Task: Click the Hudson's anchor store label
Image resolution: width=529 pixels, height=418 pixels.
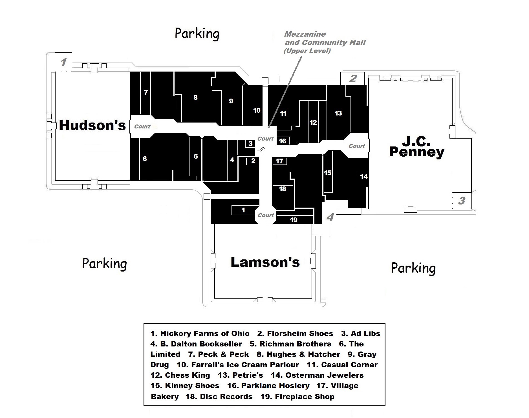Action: click(92, 125)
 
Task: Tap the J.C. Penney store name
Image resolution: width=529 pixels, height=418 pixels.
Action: click(416, 147)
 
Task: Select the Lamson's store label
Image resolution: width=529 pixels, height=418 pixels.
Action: click(265, 262)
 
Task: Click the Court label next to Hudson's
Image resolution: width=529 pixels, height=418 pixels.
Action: click(142, 126)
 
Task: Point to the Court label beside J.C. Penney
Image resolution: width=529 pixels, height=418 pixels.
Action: click(357, 146)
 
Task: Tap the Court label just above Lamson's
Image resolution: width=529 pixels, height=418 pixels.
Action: click(266, 215)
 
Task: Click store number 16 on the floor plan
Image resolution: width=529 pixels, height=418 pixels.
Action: click(283, 141)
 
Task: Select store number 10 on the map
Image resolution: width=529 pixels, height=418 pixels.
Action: click(257, 110)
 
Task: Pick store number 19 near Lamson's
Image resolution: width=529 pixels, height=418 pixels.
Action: click(294, 220)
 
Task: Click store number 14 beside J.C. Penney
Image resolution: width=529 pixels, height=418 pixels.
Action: click(364, 177)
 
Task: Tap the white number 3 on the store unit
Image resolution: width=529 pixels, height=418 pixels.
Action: click(250, 144)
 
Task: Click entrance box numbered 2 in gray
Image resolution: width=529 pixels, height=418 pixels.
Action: click(352, 78)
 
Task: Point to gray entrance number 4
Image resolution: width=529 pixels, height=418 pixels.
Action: click(330, 217)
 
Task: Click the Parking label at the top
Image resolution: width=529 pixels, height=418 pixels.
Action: click(197, 34)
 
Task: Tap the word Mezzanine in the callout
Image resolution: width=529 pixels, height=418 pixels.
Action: click(305, 34)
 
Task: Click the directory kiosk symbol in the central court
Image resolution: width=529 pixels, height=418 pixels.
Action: click(262, 150)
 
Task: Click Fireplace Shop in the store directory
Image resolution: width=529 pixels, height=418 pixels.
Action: click(305, 397)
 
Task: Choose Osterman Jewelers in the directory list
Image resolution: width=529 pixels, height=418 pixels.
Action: click(324, 375)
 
